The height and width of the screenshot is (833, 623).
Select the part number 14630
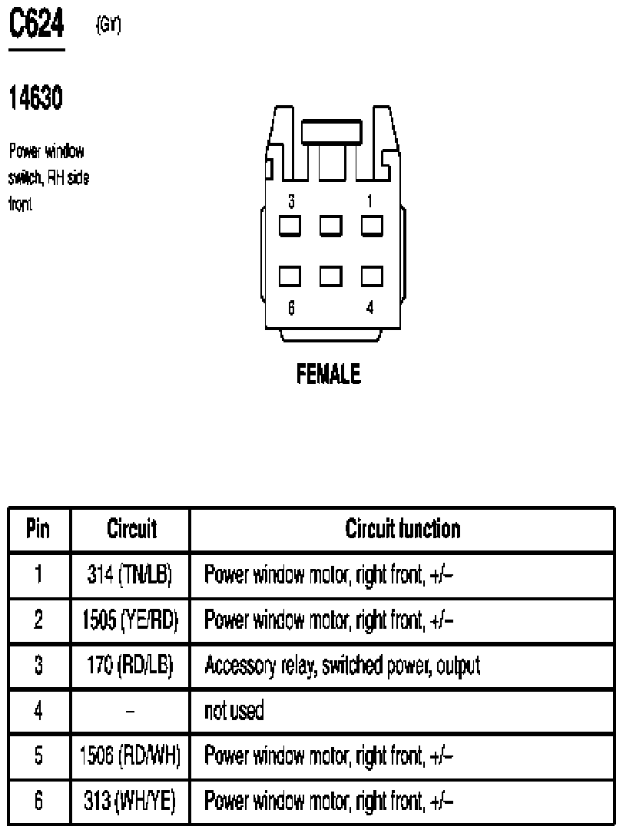point(35,98)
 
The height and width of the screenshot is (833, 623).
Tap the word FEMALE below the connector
point(329,375)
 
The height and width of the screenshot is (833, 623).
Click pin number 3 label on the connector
point(291,202)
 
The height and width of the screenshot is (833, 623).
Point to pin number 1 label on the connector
point(370,202)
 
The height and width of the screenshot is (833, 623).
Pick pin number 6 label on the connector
point(291,308)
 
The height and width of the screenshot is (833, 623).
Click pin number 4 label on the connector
point(370,308)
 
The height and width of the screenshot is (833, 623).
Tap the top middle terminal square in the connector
point(331,226)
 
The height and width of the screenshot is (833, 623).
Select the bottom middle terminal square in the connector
point(331,276)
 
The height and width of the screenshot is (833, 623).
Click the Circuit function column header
point(403,529)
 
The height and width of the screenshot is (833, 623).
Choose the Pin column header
point(38,529)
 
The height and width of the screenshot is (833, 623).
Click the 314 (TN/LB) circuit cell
point(130,574)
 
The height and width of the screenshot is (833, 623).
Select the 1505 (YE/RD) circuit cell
point(130,620)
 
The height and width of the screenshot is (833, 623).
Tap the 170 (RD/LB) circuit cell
point(130,665)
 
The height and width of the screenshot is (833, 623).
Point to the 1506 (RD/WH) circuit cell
point(130,756)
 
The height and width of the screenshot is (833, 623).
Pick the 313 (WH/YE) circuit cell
point(130,802)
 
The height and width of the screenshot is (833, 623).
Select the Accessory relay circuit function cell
point(343,665)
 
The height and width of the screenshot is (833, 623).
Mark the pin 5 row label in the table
point(38,756)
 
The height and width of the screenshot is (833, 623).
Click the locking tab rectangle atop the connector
point(330,132)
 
